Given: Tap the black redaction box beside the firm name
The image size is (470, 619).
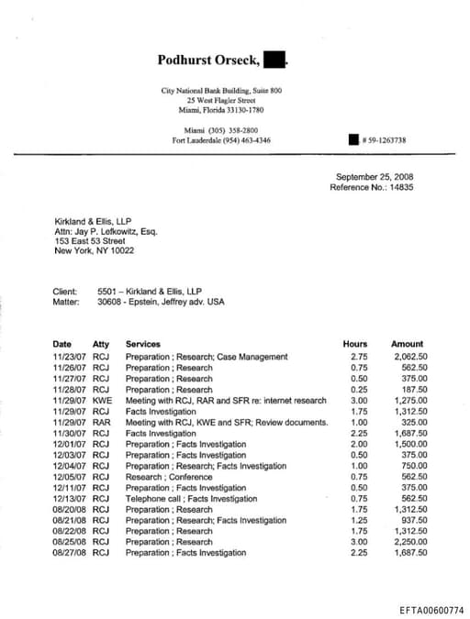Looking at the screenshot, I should tap(274, 61).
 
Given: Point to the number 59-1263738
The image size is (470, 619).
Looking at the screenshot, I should tap(385, 140).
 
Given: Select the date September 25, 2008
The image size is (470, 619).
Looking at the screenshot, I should tap(375, 177).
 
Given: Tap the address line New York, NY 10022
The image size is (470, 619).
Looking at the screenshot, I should tap(95, 250).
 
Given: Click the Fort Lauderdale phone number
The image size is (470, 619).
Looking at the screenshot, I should tap(221, 140).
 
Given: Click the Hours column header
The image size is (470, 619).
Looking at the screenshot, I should tap(354, 345).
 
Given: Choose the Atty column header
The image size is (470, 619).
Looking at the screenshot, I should tap(101, 345).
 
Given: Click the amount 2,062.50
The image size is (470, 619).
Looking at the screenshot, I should tap(409, 357).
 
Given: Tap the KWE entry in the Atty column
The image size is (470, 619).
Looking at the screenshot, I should tap(102, 401).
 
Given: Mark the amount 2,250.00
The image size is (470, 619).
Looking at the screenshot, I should tap(409, 542).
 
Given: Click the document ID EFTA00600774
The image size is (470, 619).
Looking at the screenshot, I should tap(432, 609).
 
